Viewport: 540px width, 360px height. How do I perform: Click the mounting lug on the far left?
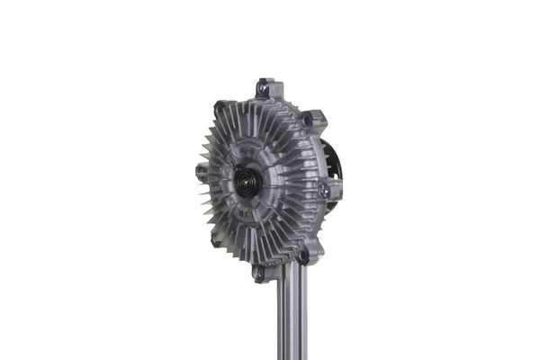tap(200, 169)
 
